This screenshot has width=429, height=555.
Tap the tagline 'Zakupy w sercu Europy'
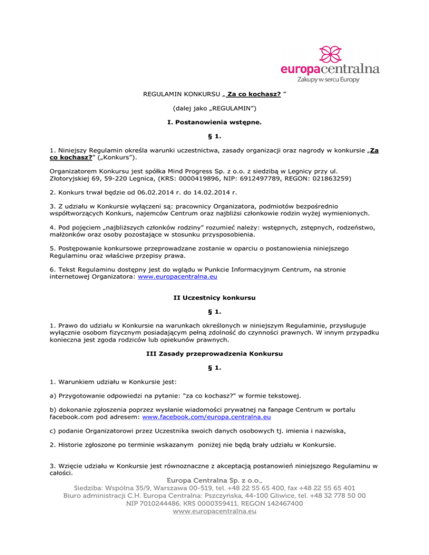pyautogui.click(x=327, y=80)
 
